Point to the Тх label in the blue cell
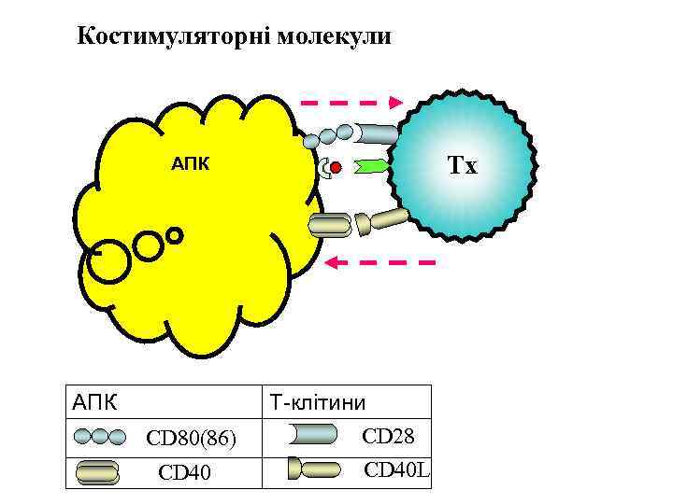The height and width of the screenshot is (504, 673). pyautogui.click(x=462, y=167)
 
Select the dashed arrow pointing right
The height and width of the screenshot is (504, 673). pyautogui.click(x=351, y=102)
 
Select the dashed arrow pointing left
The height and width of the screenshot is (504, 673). pyautogui.click(x=379, y=263)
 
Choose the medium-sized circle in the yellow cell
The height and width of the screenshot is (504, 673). pyautogui.click(x=149, y=245)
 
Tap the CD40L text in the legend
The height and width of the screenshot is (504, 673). pyautogui.click(x=396, y=469)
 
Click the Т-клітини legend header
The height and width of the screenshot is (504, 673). pyautogui.click(x=317, y=403)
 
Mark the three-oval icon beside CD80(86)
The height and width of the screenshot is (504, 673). pyautogui.click(x=98, y=436)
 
